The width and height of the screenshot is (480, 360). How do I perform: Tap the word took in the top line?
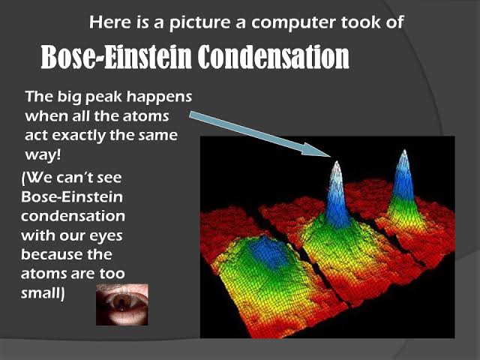[382, 22]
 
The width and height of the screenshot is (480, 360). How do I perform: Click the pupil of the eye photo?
[121, 304]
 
